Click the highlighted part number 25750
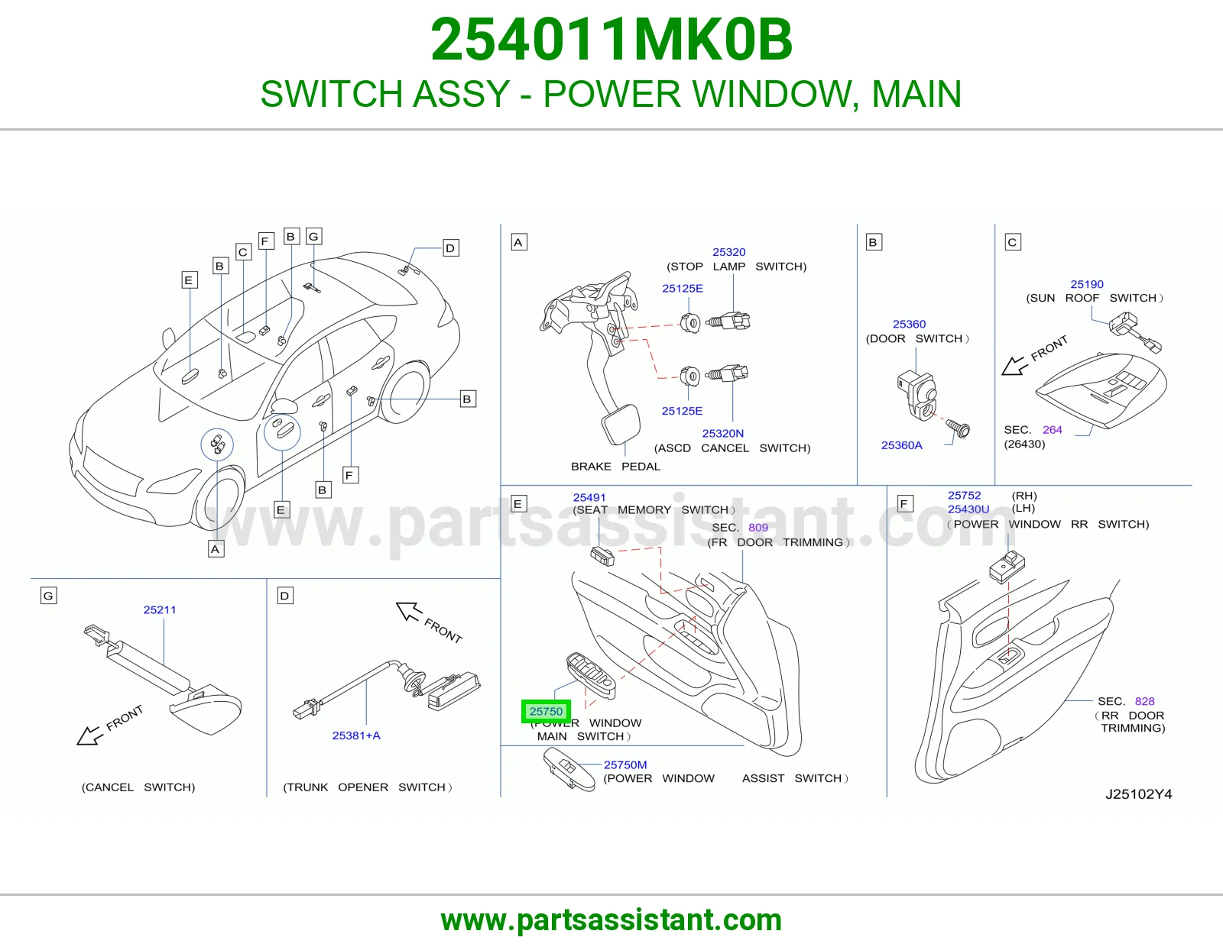coord(546,711)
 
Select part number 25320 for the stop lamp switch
coord(729,252)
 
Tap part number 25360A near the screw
coord(902,445)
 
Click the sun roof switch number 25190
coord(1087,285)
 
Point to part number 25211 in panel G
coord(160,609)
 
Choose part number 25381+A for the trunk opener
coord(356,735)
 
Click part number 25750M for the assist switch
coord(625,764)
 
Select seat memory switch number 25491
coord(589,498)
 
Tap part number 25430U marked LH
coord(968,509)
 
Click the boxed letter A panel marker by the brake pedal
coord(519,242)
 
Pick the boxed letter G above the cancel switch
coord(48,596)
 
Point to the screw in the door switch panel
coord(958,428)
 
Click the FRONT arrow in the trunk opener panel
coord(409,611)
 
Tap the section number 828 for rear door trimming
coord(1144,701)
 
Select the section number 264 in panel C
coord(1052,430)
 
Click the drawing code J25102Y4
coord(1139,794)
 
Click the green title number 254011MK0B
coord(611,40)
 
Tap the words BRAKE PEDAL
coord(615,466)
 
